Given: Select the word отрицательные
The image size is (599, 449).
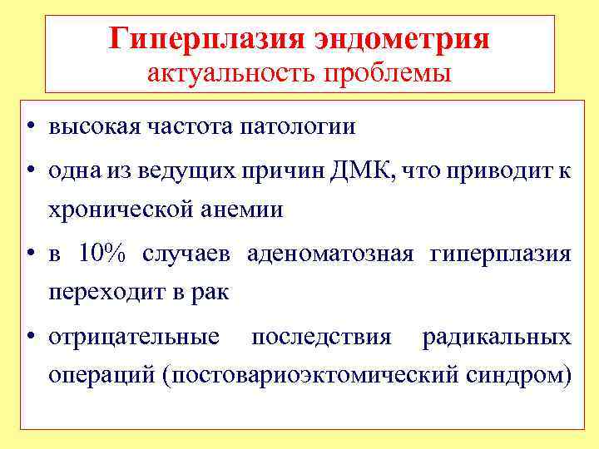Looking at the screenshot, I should pyautogui.click(x=134, y=337).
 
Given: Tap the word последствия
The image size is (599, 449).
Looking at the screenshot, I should pyautogui.click(x=321, y=337).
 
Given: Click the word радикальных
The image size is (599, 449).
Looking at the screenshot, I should pyautogui.click(x=497, y=337).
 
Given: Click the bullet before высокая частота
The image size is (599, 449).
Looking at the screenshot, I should pyautogui.click(x=30, y=128).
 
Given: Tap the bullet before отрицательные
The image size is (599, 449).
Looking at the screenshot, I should pyautogui.click(x=30, y=338).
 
